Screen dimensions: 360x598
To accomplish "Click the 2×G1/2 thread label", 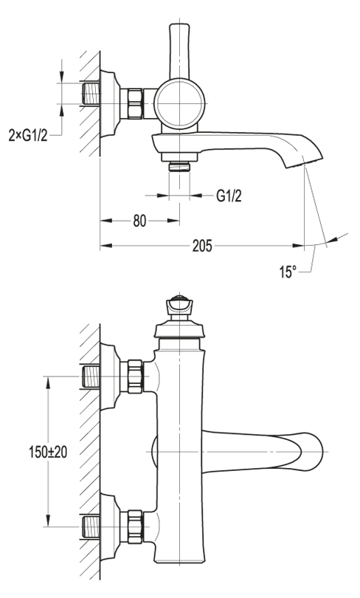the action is click(28, 135).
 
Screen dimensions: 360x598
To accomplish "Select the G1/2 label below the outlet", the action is click(229, 196).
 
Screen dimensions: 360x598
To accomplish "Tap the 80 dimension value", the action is click(139, 221).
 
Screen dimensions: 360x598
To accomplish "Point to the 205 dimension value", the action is click(202, 246).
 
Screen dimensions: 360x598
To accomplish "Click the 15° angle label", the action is click(288, 272).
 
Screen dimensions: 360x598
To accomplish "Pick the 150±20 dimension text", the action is click(48, 452).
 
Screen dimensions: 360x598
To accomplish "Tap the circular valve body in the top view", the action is click(179, 104).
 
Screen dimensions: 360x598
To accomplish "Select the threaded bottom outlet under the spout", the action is click(179, 166).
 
